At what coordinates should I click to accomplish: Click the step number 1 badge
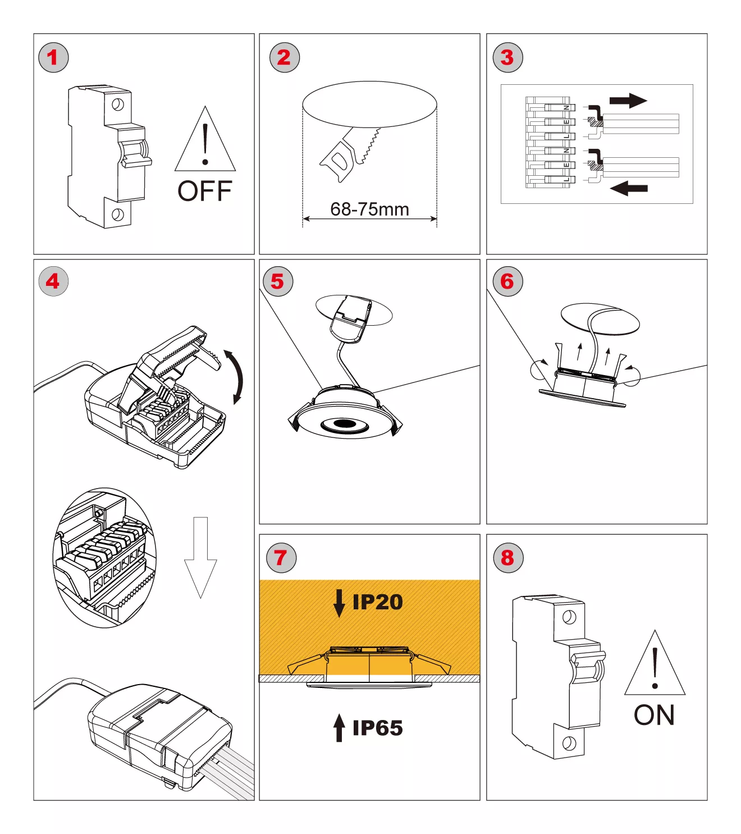click(53, 57)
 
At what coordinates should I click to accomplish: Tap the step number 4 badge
click(53, 281)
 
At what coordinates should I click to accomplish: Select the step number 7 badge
click(281, 558)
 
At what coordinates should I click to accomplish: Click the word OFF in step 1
click(205, 192)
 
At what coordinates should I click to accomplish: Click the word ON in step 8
click(654, 715)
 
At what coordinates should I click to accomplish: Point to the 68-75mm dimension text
click(369, 209)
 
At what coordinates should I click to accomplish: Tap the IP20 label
click(377, 602)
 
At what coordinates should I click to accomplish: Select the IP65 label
click(377, 728)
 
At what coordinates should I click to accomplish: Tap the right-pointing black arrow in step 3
click(628, 101)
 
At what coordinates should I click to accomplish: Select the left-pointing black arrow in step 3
click(629, 188)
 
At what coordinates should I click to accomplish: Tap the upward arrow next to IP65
click(339, 728)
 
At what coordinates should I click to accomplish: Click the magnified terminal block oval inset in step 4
click(104, 557)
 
